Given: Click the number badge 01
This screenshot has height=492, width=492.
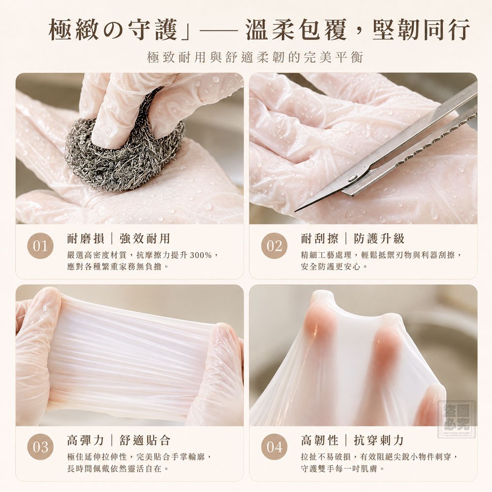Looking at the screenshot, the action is click(x=40, y=246).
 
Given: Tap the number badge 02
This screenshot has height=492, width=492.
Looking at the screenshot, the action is click(x=274, y=246).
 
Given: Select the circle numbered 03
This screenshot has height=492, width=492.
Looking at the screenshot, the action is click(x=40, y=447).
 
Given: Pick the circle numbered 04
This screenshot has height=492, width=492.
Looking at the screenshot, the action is click(x=274, y=447).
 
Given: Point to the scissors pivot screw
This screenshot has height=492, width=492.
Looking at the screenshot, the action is click(x=353, y=178).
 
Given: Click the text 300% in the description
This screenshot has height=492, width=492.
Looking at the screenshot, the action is click(x=201, y=255).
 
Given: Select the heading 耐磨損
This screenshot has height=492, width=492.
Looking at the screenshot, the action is click(x=85, y=239).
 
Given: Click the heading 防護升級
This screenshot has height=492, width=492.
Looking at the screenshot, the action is click(x=379, y=239).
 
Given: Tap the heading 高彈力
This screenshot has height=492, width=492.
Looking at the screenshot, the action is click(x=85, y=440).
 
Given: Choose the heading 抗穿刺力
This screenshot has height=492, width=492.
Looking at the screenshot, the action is click(x=379, y=440).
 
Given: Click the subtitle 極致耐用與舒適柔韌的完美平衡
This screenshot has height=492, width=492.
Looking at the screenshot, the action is click(x=255, y=58).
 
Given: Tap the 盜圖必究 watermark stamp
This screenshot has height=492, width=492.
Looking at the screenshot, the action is click(x=457, y=420).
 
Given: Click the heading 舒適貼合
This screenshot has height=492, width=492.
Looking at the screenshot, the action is click(x=145, y=440).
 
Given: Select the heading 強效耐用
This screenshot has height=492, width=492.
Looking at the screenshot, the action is click(x=145, y=239).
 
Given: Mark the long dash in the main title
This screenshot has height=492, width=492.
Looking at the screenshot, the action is click(x=218, y=31).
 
